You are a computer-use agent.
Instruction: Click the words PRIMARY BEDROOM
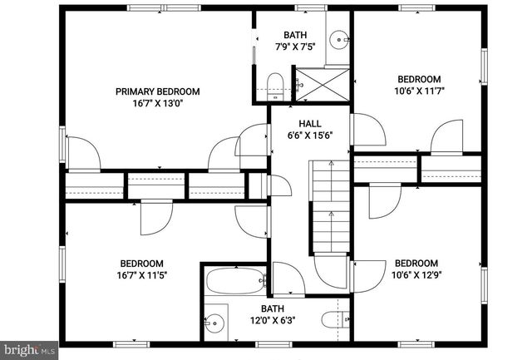tap(158, 91)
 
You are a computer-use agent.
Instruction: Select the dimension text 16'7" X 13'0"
tap(158, 104)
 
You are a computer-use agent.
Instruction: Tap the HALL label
tap(298, 123)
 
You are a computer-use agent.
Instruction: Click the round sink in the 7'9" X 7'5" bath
tap(338, 38)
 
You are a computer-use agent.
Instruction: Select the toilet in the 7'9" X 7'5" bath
tap(277, 81)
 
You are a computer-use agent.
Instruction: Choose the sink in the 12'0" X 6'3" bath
tap(216, 321)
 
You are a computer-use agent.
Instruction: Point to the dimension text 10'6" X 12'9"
tap(416, 274)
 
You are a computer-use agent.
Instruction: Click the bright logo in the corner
tap(28, 350)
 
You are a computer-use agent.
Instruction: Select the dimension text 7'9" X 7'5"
tap(295, 47)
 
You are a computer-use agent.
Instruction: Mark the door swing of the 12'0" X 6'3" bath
tap(288, 279)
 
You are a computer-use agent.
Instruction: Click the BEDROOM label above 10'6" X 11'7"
tap(418, 79)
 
